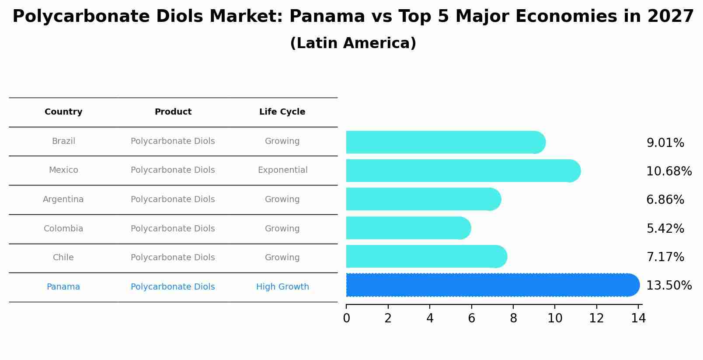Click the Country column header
coord(63,112)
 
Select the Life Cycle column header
coord(282,112)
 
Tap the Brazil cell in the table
coord(63,141)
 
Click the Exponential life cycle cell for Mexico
coord(282,170)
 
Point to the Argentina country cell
coord(63,199)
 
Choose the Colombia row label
coord(63,229)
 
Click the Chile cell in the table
coord(63,258)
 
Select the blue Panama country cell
coord(63,287)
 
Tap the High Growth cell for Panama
coord(282,287)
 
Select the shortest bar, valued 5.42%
coord(407,228)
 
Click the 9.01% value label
coord(665,143)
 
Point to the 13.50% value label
coord(669,286)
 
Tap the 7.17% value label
coord(665,257)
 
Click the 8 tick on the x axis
coord(513,318)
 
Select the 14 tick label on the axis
coord(638,318)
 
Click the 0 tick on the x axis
coord(347,318)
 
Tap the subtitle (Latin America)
coord(353,43)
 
